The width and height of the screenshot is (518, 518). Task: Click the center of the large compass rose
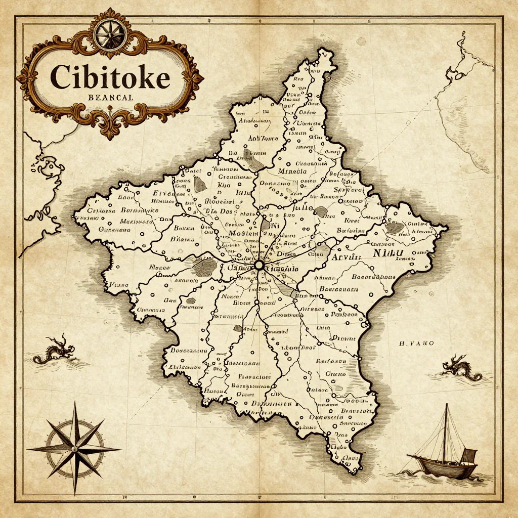(75, 448)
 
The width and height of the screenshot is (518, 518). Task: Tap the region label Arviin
(347, 257)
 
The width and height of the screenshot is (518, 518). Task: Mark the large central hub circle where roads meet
(259, 265)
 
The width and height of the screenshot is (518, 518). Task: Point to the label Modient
(244, 233)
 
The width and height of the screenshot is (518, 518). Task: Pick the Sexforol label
(346, 190)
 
